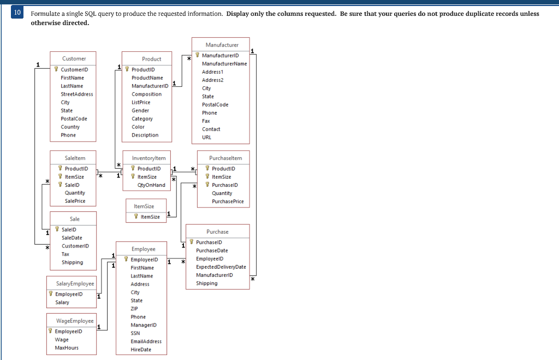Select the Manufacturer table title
(222, 45)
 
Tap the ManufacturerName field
(224, 64)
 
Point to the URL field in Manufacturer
(206, 138)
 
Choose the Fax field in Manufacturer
(206, 121)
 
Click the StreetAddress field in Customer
(77, 94)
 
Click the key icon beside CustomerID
(56, 69)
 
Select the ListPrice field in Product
(141, 102)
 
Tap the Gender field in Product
(140, 110)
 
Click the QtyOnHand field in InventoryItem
(151, 185)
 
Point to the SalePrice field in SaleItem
(75, 201)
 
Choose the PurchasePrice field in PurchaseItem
(228, 202)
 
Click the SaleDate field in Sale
(72, 238)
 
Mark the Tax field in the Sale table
(66, 254)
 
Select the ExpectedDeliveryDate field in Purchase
(221, 267)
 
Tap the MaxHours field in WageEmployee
(67, 348)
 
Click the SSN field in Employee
(135, 333)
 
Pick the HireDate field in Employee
(141, 350)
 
